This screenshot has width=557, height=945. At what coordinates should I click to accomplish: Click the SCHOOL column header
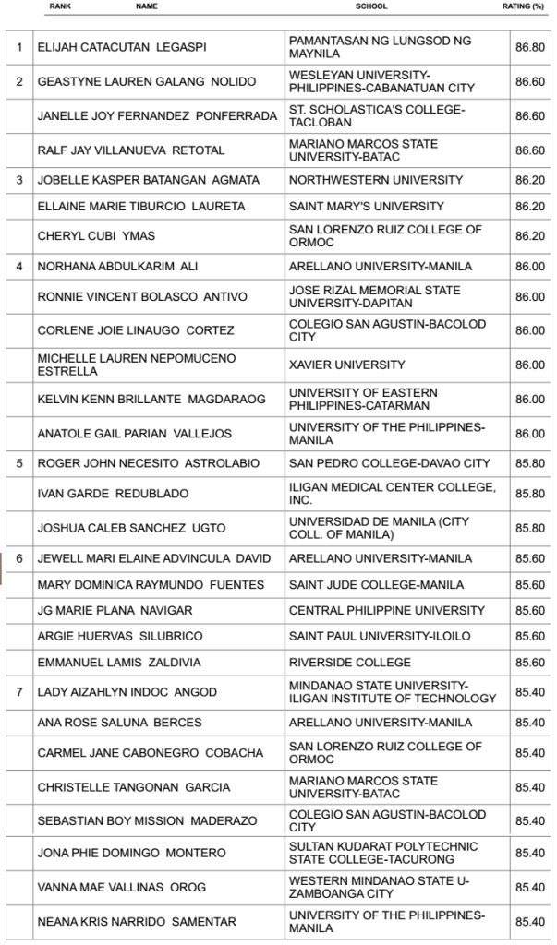[x=371, y=6]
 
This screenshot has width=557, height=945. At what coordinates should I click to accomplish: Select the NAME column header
[x=146, y=6]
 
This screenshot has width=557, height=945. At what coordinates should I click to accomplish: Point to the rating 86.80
[x=530, y=47]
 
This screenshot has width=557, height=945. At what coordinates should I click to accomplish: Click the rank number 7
[x=18, y=692]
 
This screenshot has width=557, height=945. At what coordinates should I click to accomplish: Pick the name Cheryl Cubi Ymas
[x=93, y=236]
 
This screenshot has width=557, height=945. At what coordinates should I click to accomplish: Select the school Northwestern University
[x=376, y=180]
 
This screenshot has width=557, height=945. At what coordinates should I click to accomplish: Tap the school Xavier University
[x=346, y=365]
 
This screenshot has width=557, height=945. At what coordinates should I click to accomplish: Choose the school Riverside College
[x=350, y=663]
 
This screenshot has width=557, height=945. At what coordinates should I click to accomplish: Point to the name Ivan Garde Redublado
[x=113, y=494]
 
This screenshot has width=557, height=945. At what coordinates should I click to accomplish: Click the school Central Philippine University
[x=387, y=610]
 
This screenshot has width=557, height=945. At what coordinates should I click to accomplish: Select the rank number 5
[x=18, y=463]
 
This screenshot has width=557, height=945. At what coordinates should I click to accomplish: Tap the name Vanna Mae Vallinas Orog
[x=121, y=888]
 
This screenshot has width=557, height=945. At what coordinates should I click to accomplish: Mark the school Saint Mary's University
[x=367, y=206]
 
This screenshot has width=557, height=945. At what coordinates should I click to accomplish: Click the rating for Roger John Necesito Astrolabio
[x=530, y=463]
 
